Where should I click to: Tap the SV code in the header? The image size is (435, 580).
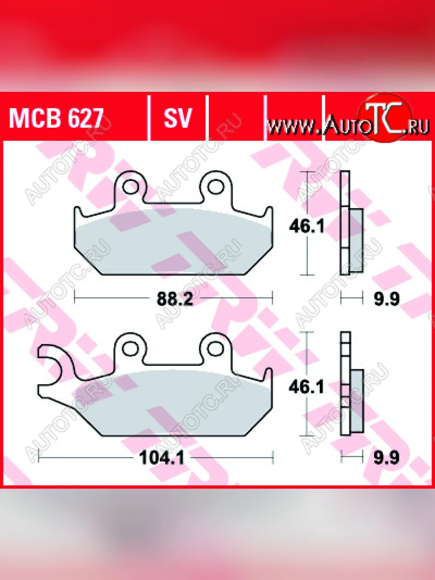[x=177, y=118]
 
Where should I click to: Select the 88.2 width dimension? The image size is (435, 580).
[x=175, y=299]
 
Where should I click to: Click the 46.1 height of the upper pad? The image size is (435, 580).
[x=306, y=227]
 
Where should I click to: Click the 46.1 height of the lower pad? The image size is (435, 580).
[x=306, y=387]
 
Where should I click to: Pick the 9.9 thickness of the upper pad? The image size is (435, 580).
[x=387, y=299]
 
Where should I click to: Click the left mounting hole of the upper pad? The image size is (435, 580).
[x=130, y=187]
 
